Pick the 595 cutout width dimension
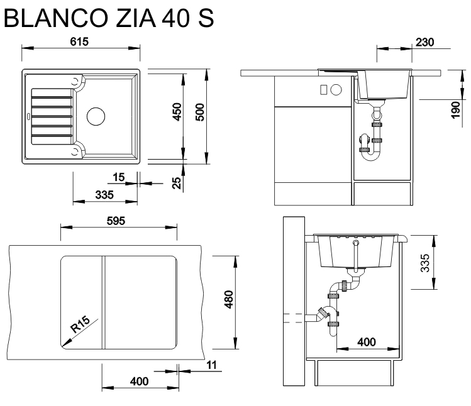(x=117, y=221)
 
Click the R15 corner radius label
(x=80, y=324)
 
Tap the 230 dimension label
(x=425, y=42)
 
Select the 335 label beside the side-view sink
(x=425, y=261)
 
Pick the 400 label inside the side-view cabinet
(x=367, y=342)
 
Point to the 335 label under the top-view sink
(x=104, y=195)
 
